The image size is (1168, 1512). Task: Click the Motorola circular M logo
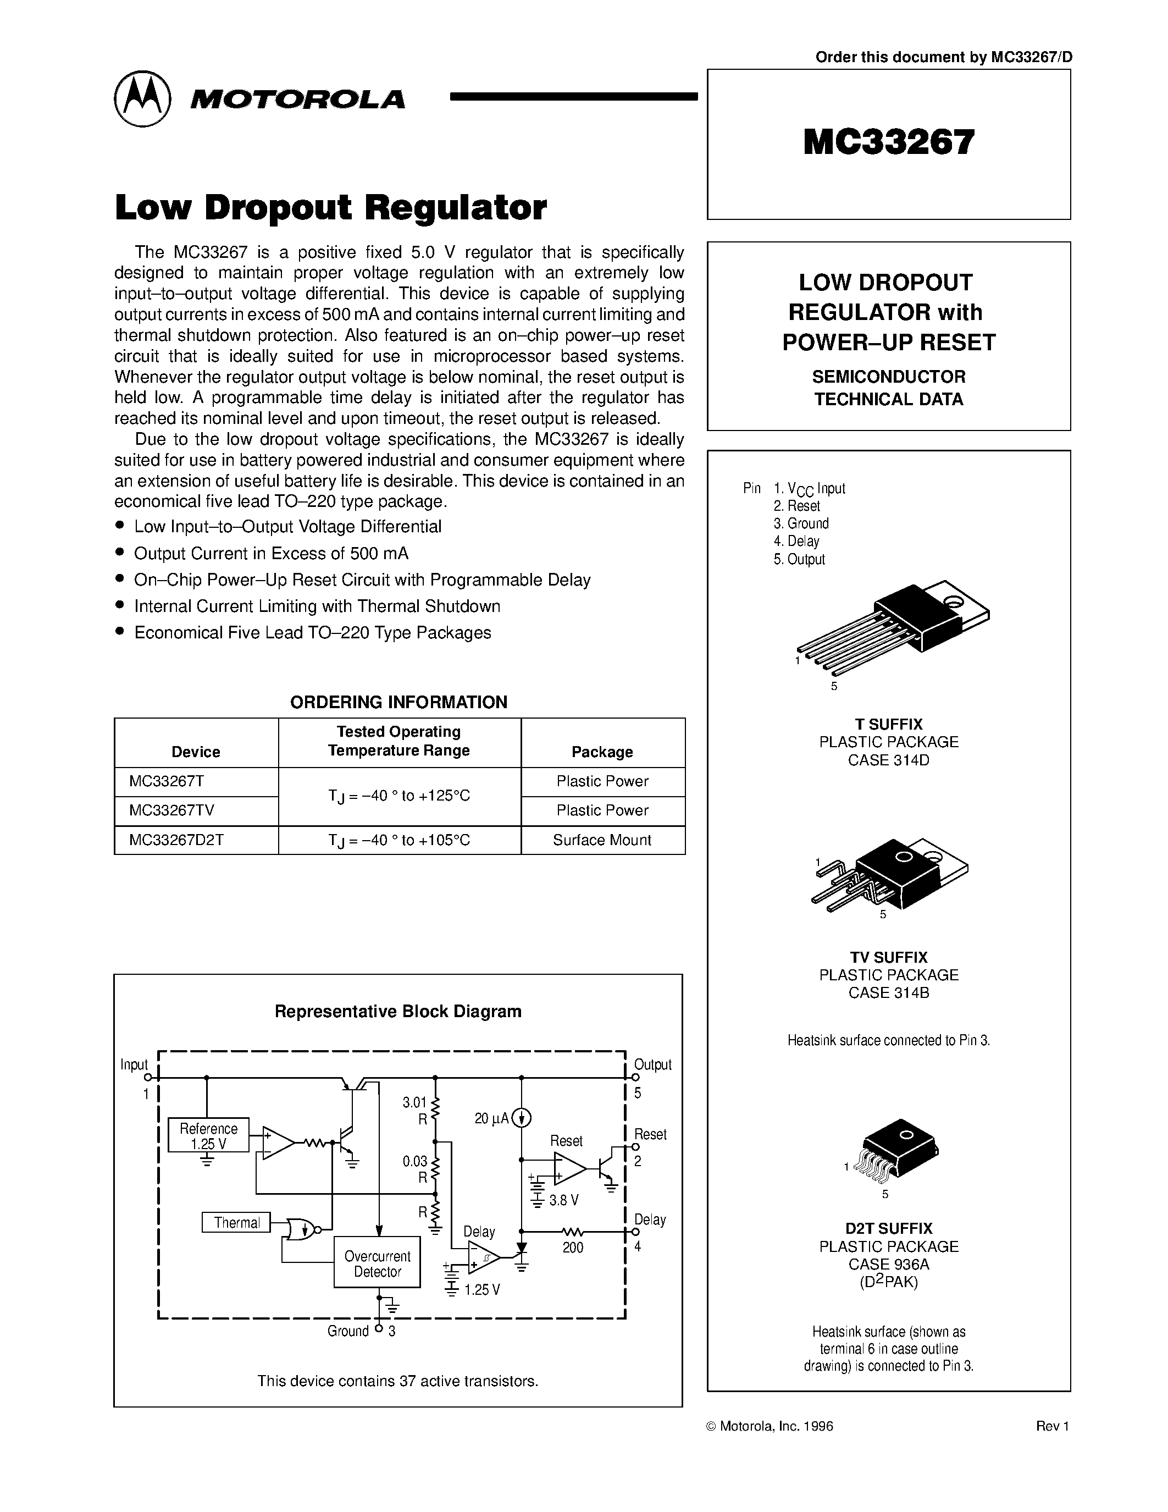(x=142, y=98)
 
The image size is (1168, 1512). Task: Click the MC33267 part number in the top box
(x=888, y=142)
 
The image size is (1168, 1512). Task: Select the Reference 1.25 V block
(x=208, y=1135)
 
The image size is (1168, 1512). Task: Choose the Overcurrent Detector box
(x=377, y=1263)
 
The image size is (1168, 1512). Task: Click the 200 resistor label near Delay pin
(x=573, y=1248)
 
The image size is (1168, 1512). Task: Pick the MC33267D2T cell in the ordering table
(x=176, y=840)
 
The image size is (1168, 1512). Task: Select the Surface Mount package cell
(x=602, y=840)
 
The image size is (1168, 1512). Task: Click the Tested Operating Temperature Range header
(x=399, y=741)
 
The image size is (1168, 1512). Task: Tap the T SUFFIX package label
(x=888, y=724)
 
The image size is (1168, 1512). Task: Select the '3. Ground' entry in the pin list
(x=801, y=523)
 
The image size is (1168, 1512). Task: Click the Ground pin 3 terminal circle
(x=379, y=1328)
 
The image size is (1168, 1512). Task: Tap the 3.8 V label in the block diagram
(x=564, y=1200)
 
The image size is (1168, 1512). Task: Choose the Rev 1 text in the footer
(x=1053, y=1426)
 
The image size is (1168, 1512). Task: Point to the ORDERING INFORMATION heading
(x=398, y=702)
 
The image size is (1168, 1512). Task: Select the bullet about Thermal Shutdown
(x=317, y=606)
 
